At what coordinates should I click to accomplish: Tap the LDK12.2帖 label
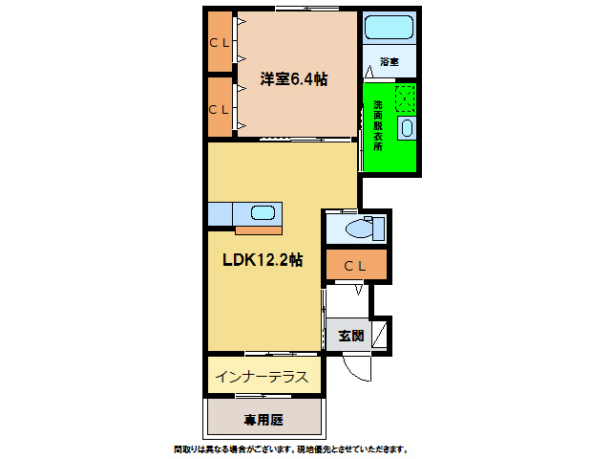point(263,260)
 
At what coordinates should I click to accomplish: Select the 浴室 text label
point(389,61)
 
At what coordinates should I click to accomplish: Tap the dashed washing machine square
point(405,98)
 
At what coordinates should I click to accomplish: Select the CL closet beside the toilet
point(355,266)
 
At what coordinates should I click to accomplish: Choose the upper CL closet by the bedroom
point(220,42)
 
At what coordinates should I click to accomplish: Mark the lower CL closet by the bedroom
point(220,108)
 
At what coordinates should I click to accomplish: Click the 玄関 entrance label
point(350,336)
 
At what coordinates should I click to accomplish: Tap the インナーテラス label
point(261,377)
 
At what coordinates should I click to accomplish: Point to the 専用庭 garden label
point(263,419)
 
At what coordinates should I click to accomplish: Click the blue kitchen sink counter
point(244,213)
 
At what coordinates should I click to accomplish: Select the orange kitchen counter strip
point(258,229)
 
